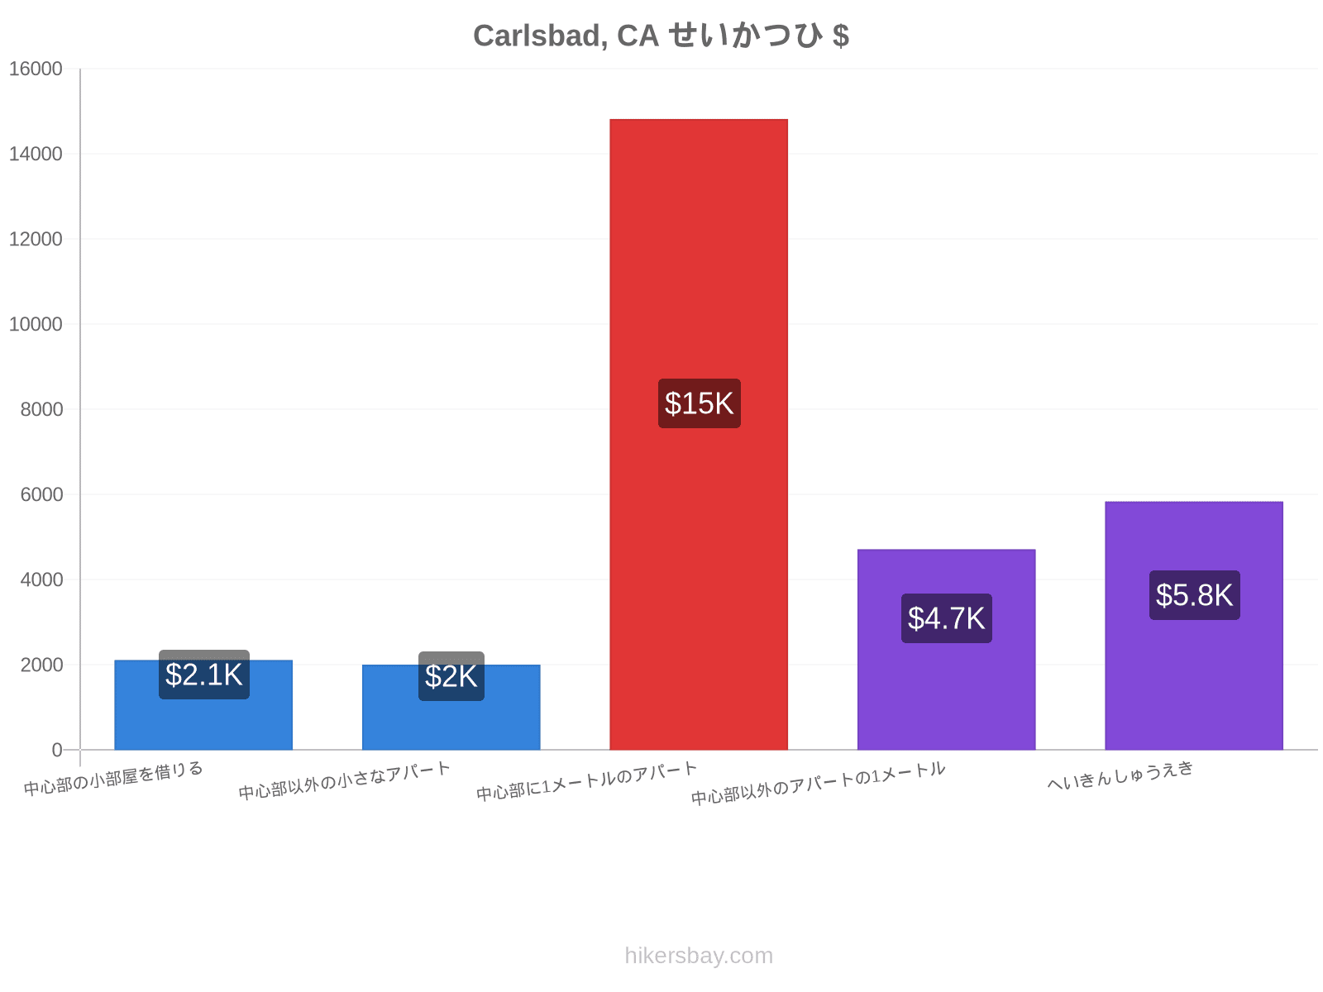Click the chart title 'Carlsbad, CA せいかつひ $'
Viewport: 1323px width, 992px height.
pyautogui.click(x=661, y=35)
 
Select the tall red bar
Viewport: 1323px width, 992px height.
pyautogui.click(x=699, y=434)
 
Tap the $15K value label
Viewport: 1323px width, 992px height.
pyautogui.click(x=700, y=403)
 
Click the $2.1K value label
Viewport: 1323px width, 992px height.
pyautogui.click(x=203, y=675)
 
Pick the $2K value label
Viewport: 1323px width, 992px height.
pyautogui.click(x=451, y=676)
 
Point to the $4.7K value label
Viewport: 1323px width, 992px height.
pyautogui.click(x=946, y=618)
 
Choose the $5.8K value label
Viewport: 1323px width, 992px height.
pyautogui.click(x=1194, y=595)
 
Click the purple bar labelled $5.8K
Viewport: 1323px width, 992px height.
pyautogui.click(x=1194, y=626)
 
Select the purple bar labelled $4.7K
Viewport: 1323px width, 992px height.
pyautogui.click(x=946, y=649)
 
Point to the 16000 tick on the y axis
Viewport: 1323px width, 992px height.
pyautogui.click(x=36, y=69)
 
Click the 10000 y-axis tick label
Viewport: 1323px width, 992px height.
pyautogui.click(x=36, y=324)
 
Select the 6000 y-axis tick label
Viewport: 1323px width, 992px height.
pyautogui.click(x=41, y=494)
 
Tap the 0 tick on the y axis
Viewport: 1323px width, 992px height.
pyautogui.click(x=57, y=750)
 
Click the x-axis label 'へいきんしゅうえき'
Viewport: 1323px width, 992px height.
pyautogui.click(x=1120, y=775)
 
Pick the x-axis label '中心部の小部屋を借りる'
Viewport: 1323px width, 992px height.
pyautogui.click(x=113, y=778)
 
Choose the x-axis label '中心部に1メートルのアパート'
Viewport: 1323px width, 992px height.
pyautogui.click(x=586, y=781)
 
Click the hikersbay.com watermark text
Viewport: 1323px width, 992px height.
pyautogui.click(x=699, y=956)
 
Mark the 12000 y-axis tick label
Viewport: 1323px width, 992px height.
pyautogui.click(x=36, y=239)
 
